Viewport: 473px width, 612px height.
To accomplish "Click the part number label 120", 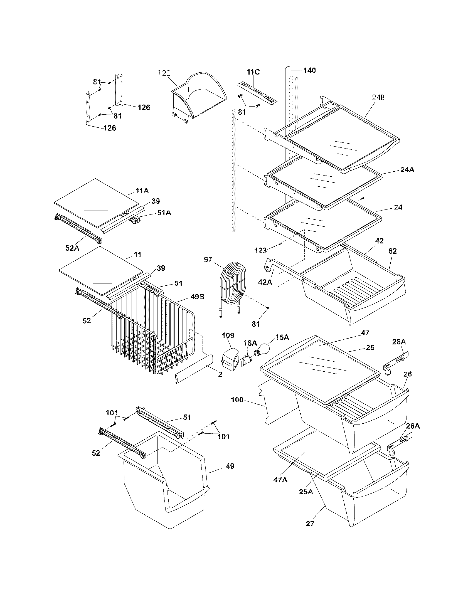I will click(x=164, y=73).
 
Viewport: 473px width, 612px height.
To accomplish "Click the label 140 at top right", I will click(x=309, y=70).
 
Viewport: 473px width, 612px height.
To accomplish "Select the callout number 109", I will click(x=228, y=335).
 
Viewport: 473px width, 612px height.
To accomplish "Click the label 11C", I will click(x=253, y=72).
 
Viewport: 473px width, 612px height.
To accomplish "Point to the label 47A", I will click(x=281, y=480).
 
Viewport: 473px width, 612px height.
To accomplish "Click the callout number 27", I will click(x=310, y=524).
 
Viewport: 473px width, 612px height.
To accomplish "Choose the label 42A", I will click(x=265, y=282).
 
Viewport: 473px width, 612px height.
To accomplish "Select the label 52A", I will click(x=73, y=247).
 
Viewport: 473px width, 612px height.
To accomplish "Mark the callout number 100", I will click(x=237, y=400).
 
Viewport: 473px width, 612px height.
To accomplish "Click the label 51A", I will click(x=164, y=213).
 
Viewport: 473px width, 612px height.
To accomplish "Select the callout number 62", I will click(x=393, y=251).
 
